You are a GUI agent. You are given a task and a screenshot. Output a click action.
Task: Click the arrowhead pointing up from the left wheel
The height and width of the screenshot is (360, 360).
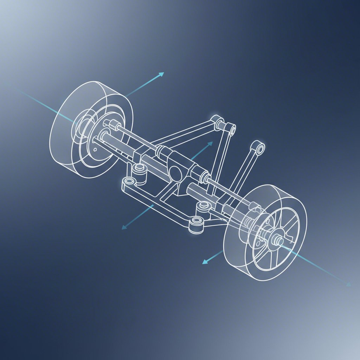point(161,74)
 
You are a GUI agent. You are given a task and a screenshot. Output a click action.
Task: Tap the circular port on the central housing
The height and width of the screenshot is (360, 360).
point(175,172)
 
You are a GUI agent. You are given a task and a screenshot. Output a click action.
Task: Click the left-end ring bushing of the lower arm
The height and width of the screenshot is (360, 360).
point(129,182)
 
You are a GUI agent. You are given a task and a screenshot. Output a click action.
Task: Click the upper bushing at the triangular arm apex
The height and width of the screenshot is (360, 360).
point(219,123)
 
